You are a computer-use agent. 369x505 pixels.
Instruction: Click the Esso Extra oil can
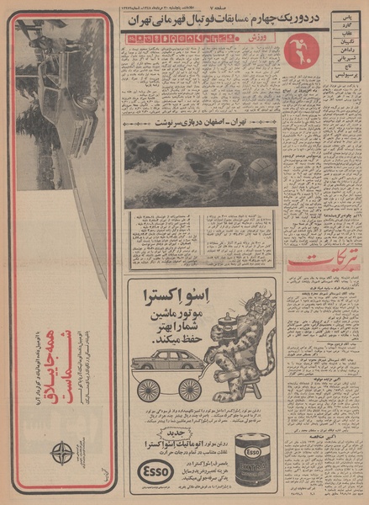[x=251, y=461]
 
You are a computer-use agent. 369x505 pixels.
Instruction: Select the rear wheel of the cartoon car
[x=150, y=390]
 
